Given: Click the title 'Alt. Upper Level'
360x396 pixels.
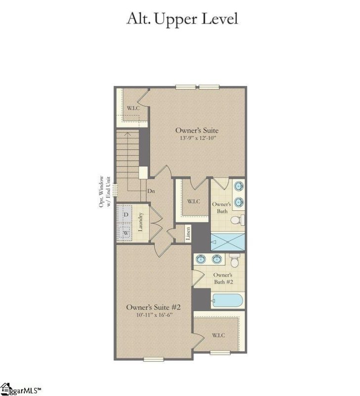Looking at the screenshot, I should (x=182, y=19).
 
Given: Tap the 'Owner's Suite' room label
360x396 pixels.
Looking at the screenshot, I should (x=197, y=130).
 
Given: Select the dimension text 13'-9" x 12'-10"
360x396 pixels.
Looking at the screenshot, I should (x=197, y=138).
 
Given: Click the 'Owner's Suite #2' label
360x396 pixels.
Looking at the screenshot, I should (x=150, y=307).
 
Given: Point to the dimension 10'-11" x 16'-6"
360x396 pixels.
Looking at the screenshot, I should (x=150, y=315).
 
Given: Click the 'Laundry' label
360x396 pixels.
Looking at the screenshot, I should (x=141, y=222).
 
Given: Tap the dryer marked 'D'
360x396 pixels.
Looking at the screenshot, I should (x=126, y=214).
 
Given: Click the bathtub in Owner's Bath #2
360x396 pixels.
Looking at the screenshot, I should (x=227, y=301).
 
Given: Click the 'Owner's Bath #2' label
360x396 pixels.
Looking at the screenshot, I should (x=223, y=278).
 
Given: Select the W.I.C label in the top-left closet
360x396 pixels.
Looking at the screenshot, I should (x=132, y=108).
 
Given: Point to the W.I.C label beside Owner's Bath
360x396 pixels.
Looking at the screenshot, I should (x=193, y=201).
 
